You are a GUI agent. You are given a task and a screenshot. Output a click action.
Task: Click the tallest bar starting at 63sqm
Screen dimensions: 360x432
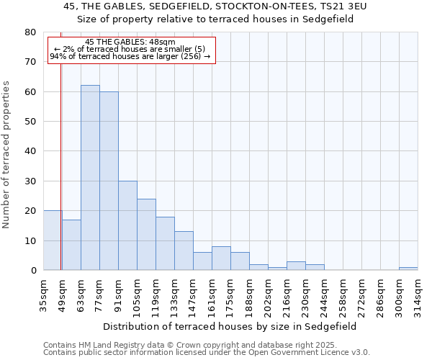coord(90,178)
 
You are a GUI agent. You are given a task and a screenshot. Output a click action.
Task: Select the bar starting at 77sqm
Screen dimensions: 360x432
coord(109,181)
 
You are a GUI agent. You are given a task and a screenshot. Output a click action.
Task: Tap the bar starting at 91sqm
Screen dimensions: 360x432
coord(127,225)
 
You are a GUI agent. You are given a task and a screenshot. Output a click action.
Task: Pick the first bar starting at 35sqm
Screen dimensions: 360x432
coord(52,240)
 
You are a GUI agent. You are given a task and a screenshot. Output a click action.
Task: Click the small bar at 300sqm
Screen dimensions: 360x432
coord(408,269)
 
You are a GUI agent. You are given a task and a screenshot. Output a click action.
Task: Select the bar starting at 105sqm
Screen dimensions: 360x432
coord(146,235)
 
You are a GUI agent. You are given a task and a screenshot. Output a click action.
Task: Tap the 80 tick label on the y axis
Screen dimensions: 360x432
coord(30,32)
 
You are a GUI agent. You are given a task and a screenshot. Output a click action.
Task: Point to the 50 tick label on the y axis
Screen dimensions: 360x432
coord(30,122)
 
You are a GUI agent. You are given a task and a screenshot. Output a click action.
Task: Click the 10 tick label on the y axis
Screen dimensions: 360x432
coord(30,240)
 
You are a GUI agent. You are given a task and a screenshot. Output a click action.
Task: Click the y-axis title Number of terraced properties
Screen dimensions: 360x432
coord(7,154)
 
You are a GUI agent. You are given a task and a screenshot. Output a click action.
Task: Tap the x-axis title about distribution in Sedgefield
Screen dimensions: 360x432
coord(230,326)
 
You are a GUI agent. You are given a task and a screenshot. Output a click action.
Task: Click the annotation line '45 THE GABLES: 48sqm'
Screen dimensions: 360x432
coord(130,42)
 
